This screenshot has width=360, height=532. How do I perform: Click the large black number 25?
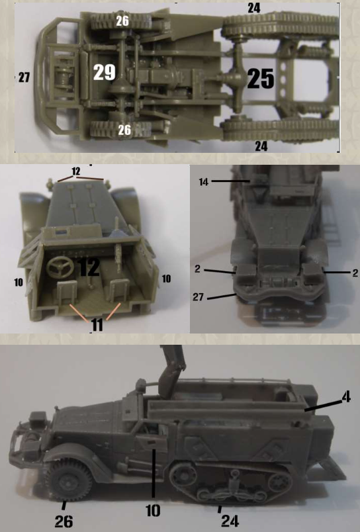260,78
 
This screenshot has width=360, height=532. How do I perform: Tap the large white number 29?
104,72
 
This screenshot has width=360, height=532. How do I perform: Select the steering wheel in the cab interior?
60,267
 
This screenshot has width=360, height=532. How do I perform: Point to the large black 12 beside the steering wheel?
89,267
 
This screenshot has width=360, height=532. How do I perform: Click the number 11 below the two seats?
97,325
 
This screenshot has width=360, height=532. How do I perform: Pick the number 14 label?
203,182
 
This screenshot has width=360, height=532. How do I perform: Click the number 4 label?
345,397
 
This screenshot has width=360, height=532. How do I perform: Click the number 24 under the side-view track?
230,521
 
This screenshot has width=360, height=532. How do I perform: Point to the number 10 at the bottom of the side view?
153,510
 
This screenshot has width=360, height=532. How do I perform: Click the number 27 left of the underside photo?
24,77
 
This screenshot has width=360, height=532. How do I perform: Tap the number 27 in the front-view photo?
198,297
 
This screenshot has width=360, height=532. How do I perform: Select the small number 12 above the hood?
75,171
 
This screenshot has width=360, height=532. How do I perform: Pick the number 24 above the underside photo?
254,7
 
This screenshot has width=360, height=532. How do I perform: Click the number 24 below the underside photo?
261,146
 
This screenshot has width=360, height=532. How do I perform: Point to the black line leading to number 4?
323,406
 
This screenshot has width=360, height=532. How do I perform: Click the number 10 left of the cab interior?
19,282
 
